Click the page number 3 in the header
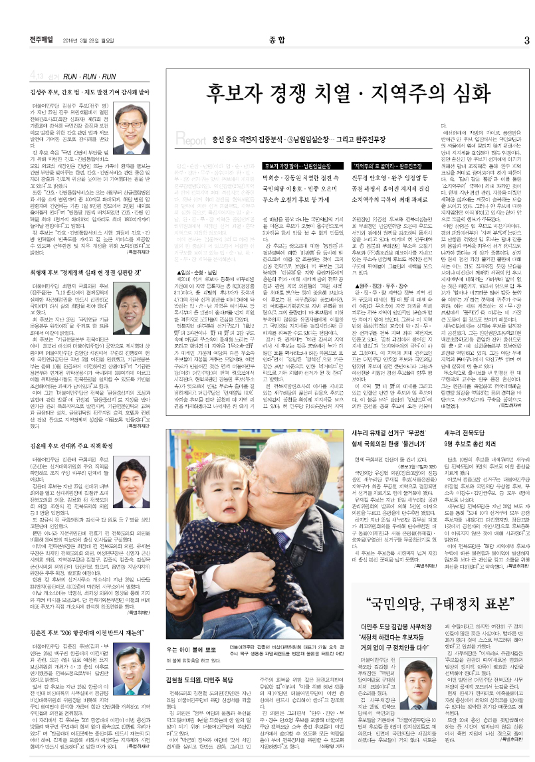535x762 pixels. (526, 39)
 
